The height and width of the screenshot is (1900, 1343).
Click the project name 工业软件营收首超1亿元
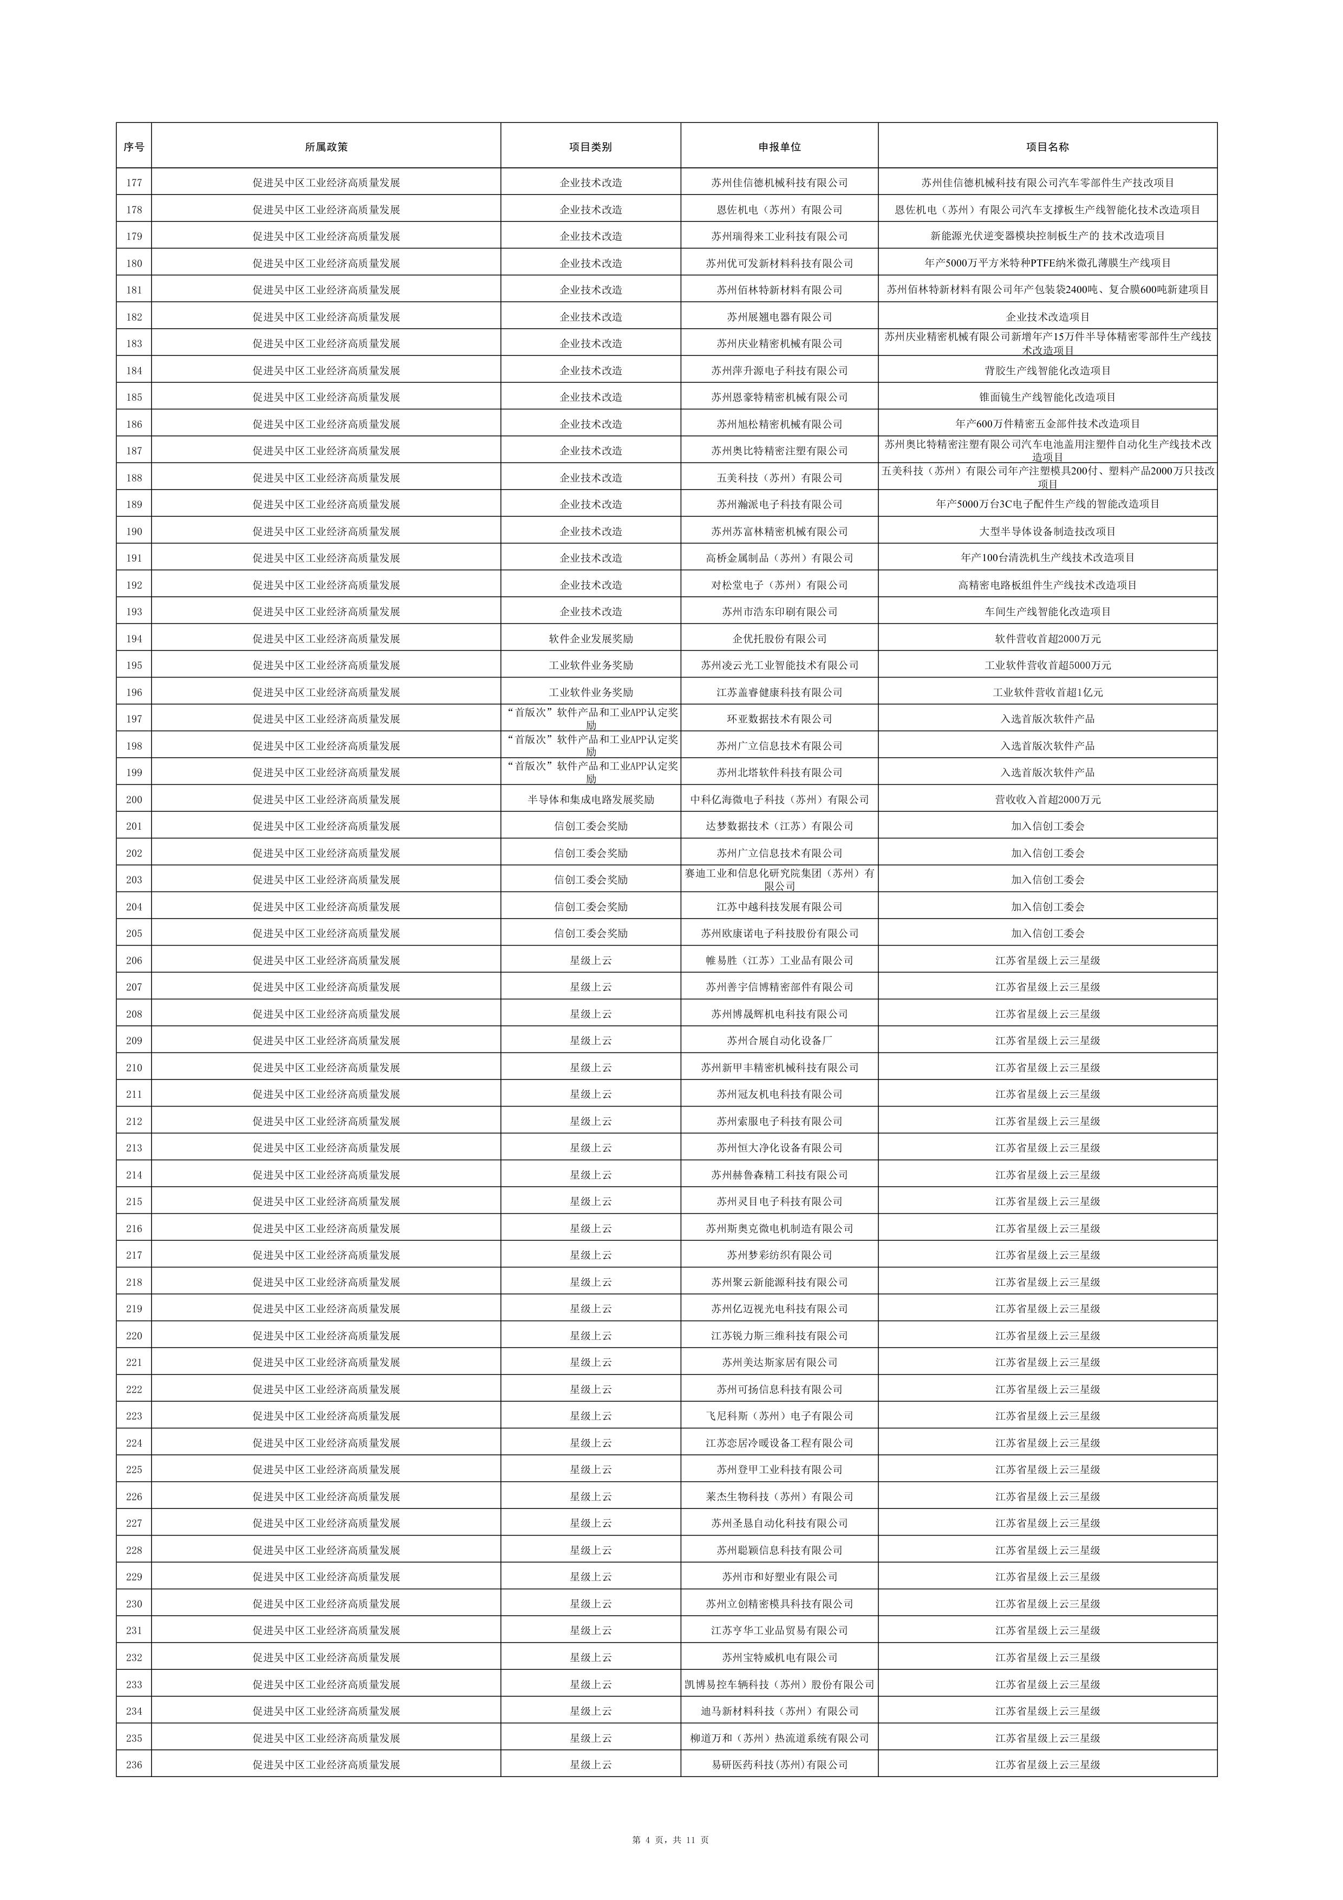[1047, 692]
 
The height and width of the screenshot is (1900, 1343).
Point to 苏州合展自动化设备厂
[779, 1040]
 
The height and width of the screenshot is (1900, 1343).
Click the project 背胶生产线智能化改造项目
[1047, 370]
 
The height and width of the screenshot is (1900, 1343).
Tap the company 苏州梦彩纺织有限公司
[779, 1254]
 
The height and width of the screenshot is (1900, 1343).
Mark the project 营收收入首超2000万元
[1047, 799]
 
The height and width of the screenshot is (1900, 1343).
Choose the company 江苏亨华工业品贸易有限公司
[779, 1630]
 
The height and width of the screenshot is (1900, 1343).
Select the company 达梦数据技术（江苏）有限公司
[779, 826]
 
